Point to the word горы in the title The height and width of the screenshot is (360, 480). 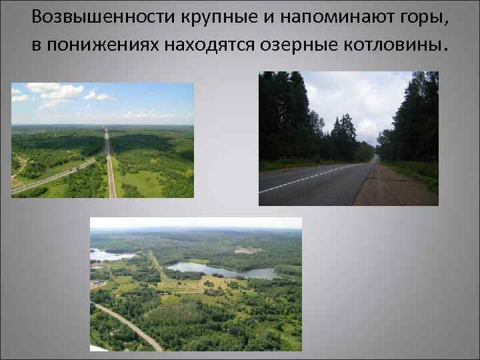425,17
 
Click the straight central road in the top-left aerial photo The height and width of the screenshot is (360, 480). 109,167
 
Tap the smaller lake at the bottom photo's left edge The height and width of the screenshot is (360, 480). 107,255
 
